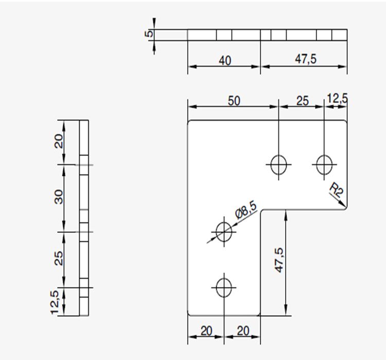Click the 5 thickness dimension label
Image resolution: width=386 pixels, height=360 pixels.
tap(149, 33)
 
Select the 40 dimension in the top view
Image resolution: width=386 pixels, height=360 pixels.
tap(225, 61)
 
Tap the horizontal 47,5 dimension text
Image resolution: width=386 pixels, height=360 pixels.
tap(306, 59)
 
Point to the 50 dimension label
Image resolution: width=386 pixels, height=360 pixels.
tap(234, 101)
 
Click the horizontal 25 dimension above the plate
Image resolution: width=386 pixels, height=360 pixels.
tap(302, 101)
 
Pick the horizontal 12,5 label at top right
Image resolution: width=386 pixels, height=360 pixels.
tap(337, 98)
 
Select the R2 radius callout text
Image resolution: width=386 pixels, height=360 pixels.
tap(336, 190)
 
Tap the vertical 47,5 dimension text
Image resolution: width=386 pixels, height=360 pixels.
tap(279, 260)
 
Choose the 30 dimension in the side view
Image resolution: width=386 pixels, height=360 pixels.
tap(59, 196)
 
